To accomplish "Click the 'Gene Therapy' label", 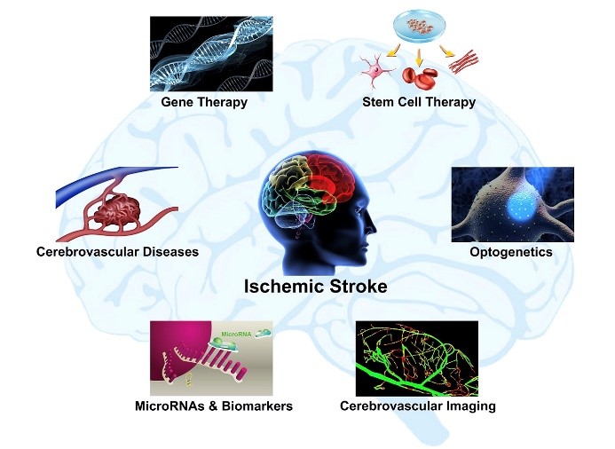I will [x=204, y=102].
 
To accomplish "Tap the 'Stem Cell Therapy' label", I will [x=419, y=102].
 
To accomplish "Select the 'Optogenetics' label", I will [x=510, y=252].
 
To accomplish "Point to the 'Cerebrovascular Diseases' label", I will [x=117, y=252].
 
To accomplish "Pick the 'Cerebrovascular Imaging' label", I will [x=417, y=406].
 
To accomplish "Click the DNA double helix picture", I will [x=207, y=54].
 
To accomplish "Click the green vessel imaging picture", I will [x=416, y=358].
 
